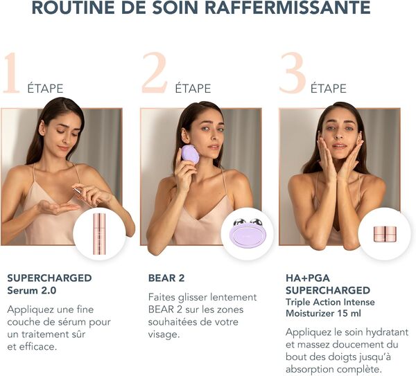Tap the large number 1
pos(10,73)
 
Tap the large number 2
pos(153,73)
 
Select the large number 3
pos(292,73)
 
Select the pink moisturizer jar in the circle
pos(385,234)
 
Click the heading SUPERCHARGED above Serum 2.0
pos(49,278)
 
